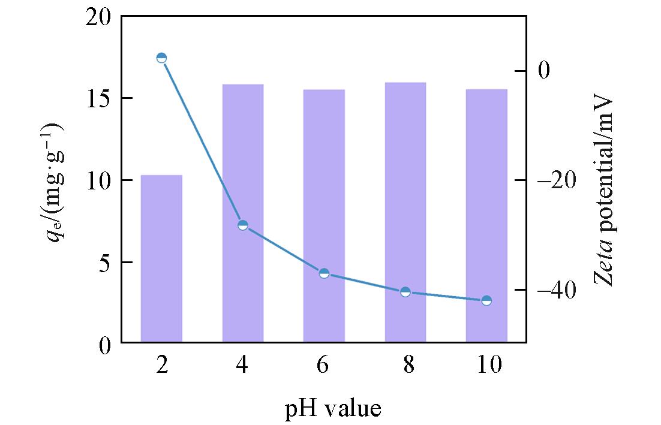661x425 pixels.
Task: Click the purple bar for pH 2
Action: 161,258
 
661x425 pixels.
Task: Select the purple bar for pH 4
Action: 243,213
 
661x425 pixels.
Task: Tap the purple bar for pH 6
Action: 324,216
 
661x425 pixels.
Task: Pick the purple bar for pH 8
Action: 405,212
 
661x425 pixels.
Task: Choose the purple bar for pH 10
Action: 486,216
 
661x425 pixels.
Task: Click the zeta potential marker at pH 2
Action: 161,58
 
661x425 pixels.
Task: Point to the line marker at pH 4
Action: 243,225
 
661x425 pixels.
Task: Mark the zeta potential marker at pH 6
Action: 324,273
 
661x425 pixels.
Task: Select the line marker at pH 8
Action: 405,292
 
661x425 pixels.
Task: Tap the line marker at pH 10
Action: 486,300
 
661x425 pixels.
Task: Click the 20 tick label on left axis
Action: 99,17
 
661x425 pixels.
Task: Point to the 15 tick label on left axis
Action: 99,98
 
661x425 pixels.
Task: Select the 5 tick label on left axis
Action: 106,262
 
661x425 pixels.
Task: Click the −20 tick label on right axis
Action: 557,180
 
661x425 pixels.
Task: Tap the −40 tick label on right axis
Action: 557,291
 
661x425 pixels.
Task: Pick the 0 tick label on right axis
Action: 545,71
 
